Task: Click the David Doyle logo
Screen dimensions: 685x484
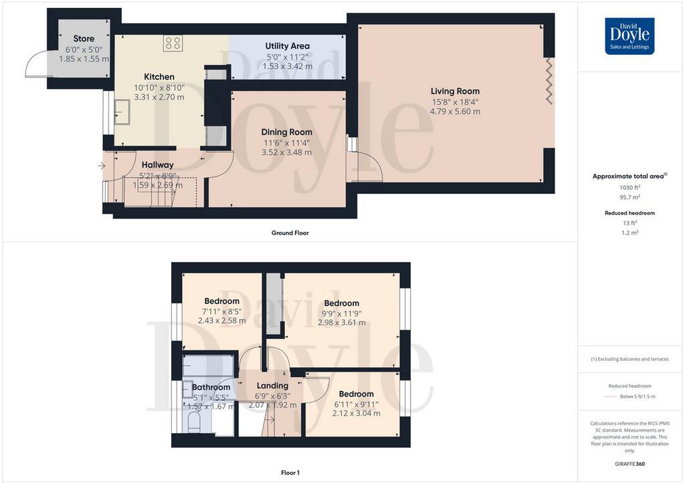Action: click(629, 36)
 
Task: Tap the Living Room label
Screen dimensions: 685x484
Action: click(455, 91)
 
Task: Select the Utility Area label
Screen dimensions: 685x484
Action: click(287, 46)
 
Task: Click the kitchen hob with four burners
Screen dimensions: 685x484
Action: click(173, 43)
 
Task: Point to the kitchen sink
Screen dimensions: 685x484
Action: click(122, 112)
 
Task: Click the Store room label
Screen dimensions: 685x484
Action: click(84, 38)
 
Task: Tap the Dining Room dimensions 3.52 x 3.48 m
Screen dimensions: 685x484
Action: click(286, 152)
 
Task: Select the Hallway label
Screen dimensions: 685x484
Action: click(157, 165)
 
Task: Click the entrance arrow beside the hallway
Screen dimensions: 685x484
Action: click(102, 166)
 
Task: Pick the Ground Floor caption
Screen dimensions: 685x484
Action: click(290, 233)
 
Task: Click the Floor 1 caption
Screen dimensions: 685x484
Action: click(290, 473)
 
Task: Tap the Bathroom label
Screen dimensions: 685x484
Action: click(211, 387)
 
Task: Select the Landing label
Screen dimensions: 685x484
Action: click(272, 386)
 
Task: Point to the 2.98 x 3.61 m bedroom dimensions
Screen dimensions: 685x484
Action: click(342, 322)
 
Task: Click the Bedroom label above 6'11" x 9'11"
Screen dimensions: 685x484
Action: click(356, 394)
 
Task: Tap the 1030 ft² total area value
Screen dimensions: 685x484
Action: click(629, 187)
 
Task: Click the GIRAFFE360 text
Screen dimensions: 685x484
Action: click(629, 464)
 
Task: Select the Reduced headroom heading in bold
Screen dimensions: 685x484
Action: click(629, 213)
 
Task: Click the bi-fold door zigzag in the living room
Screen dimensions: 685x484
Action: click(549, 81)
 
